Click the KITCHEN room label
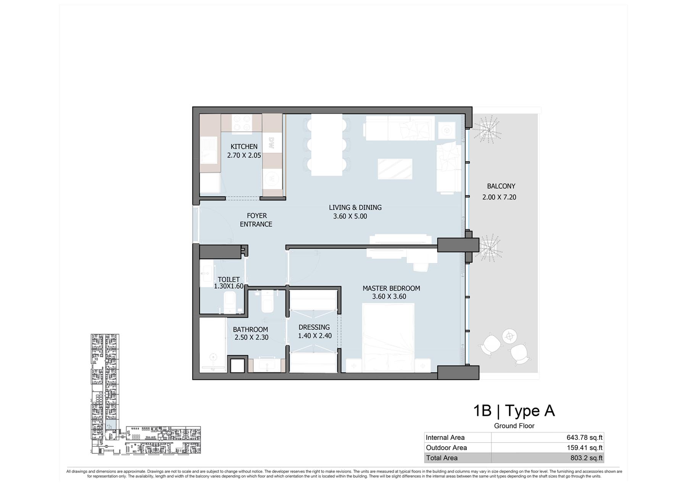244,147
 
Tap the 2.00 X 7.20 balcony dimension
499,197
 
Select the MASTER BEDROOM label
391,289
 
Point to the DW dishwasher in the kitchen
272,143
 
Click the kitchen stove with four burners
242,123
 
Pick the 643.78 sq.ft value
584,438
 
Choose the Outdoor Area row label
446,448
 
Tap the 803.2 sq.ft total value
586,458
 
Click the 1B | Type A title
514,411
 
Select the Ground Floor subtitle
514,426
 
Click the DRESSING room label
314,328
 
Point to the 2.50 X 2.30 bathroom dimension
252,337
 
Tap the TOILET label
229,279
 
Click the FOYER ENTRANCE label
256,220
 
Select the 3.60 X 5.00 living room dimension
350,216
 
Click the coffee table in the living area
395,169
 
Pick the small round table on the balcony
510,336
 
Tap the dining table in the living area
327,145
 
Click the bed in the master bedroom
388,338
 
